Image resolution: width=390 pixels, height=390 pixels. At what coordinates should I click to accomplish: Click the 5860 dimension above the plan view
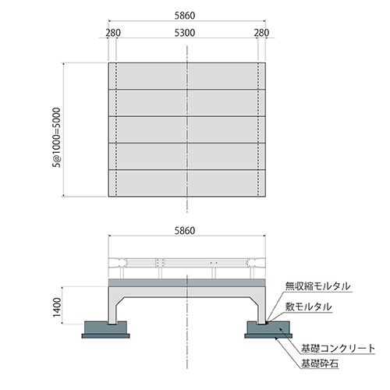(185, 16)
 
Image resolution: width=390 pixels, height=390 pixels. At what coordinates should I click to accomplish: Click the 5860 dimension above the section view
(185, 231)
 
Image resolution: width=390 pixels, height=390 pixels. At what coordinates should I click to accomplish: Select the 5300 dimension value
(185, 33)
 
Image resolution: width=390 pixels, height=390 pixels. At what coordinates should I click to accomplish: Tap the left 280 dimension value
(113, 33)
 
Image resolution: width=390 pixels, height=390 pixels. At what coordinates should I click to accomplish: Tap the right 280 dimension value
(261, 33)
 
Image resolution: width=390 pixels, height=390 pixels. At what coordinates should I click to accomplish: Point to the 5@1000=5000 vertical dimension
(57, 137)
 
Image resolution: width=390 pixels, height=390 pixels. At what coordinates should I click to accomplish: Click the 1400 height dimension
(57, 307)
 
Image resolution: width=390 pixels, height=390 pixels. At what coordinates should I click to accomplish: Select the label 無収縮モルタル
(317, 286)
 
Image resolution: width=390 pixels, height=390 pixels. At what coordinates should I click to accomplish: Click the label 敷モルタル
(308, 307)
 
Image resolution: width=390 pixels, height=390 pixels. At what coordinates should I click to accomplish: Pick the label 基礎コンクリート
(338, 349)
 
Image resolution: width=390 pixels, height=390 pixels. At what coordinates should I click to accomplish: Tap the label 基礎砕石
(320, 363)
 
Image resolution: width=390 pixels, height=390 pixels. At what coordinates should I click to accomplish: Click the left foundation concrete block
(105, 328)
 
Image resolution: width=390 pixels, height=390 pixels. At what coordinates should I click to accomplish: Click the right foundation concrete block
(268, 328)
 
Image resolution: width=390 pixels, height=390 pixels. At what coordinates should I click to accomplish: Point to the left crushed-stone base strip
(105, 336)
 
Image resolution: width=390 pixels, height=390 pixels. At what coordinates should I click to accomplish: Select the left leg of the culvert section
(112, 310)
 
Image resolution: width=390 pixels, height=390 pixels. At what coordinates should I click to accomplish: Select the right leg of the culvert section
(261, 310)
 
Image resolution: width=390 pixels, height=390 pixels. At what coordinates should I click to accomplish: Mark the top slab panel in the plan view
(187, 76)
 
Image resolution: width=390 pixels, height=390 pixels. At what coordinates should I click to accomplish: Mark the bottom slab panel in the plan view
(187, 183)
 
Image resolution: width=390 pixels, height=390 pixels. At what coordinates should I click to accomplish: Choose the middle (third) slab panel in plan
(187, 129)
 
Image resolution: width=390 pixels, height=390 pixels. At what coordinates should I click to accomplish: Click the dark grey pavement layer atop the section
(187, 282)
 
